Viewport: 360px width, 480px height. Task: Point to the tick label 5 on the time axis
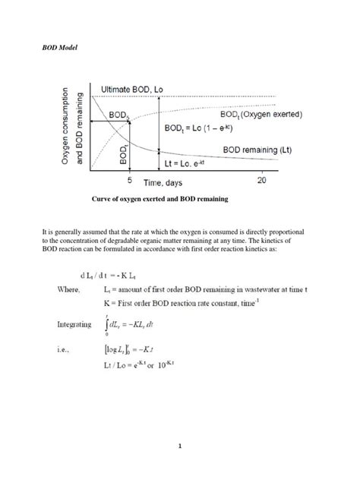(130, 182)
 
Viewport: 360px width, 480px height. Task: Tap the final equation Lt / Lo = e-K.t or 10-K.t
(171, 365)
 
